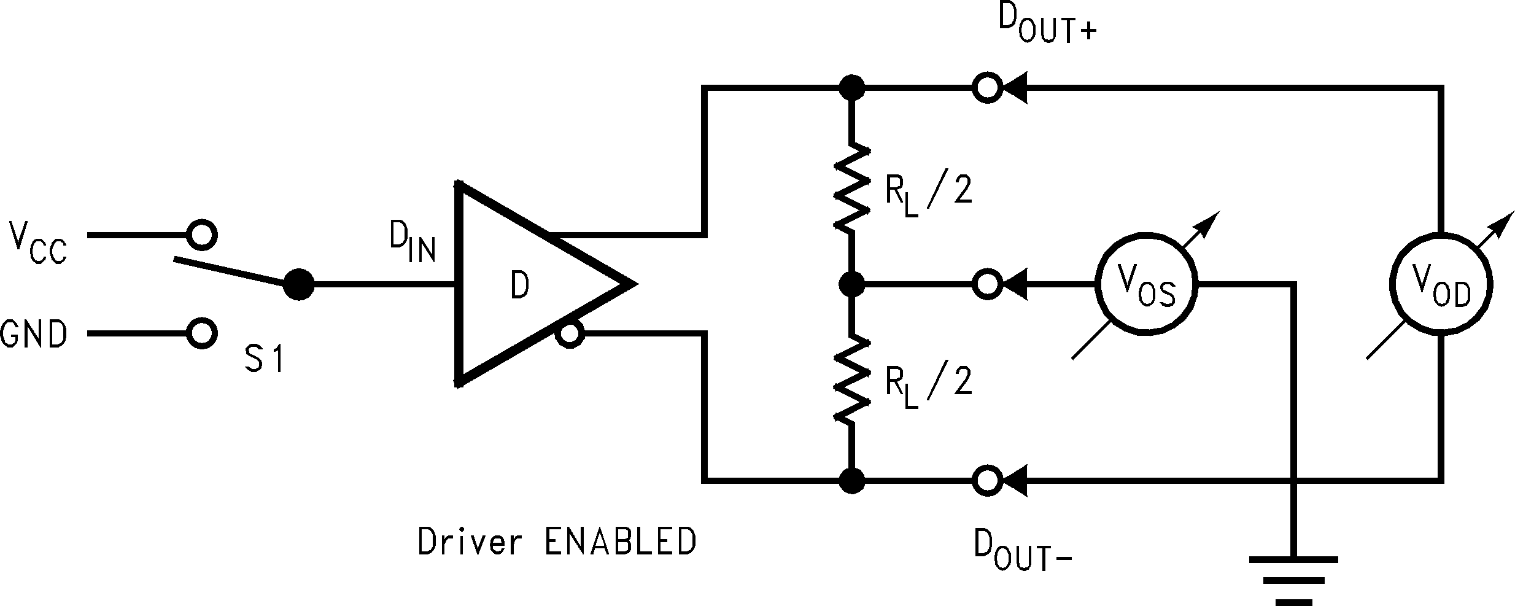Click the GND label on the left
tap(33, 335)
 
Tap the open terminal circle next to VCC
tap(202, 235)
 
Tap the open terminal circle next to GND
tap(202, 333)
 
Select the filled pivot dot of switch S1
tap(299, 284)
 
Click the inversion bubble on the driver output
tap(569, 334)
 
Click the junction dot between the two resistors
tap(851, 284)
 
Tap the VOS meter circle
tap(1146, 284)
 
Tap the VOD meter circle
tap(1441, 284)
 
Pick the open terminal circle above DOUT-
tap(987, 480)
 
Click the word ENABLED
tap(620, 542)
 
